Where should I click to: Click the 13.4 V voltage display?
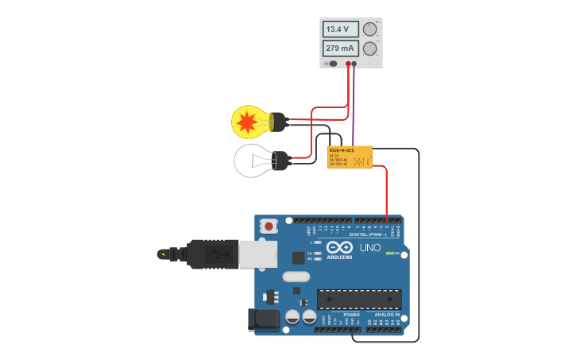[x=341, y=29]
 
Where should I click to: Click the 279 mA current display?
[x=341, y=48]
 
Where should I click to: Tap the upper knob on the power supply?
[x=370, y=29]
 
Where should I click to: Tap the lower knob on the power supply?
[x=370, y=48]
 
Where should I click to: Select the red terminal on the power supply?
[x=348, y=64]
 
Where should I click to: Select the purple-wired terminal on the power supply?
[x=354, y=64]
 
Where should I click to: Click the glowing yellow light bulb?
[x=247, y=122]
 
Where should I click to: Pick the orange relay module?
[x=350, y=157]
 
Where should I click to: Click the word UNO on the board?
[x=371, y=248]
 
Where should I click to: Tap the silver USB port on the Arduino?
[x=258, y=254]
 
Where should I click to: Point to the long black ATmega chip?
[x=358, y=299]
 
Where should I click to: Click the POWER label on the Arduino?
[x=351, y=315]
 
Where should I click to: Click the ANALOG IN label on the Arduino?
[x=388, y=315]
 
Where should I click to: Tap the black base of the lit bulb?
[x=278, y=122]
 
